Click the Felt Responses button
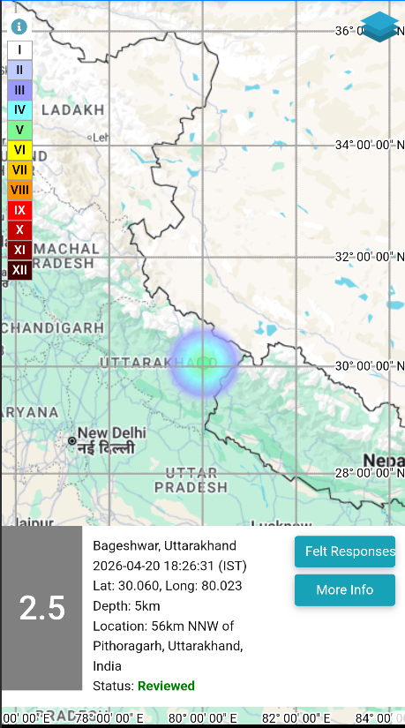(344, 552)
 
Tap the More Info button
(344, 589)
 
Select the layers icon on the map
(380, 26)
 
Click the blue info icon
(19, 26)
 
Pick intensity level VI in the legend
(19, 150)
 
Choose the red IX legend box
(19, 210)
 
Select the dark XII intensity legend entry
(19, 270)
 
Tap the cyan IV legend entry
(19, 110)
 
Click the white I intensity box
(19, 50)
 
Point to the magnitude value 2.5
(42, 608)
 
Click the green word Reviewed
(166, 686)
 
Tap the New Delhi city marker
(71, 439)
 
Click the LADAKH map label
(72, 110)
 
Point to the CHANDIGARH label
(53, 328)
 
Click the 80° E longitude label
(203, 718)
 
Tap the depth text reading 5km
(146, 605)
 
